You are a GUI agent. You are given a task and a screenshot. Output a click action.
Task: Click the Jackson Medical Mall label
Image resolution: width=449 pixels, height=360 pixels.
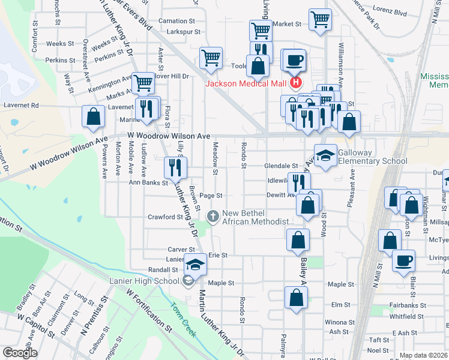point(246,83)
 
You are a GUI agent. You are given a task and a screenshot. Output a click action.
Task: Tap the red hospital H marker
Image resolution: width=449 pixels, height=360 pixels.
point(295,82)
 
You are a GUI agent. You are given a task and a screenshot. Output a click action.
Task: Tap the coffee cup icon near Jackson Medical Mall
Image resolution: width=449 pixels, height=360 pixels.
point(294,60)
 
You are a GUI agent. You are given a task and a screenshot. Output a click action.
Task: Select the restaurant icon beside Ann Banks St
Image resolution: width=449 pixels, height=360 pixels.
point(176,167)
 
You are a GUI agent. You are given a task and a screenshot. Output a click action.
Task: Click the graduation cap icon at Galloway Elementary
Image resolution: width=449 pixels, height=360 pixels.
point(325,155)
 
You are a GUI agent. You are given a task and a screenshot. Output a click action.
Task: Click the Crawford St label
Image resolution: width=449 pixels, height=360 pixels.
point(166,217)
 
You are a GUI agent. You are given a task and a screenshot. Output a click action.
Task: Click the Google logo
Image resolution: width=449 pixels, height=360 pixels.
point(19,352)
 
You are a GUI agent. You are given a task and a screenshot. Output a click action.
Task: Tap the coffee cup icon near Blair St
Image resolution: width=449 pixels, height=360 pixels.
point(403,260)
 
